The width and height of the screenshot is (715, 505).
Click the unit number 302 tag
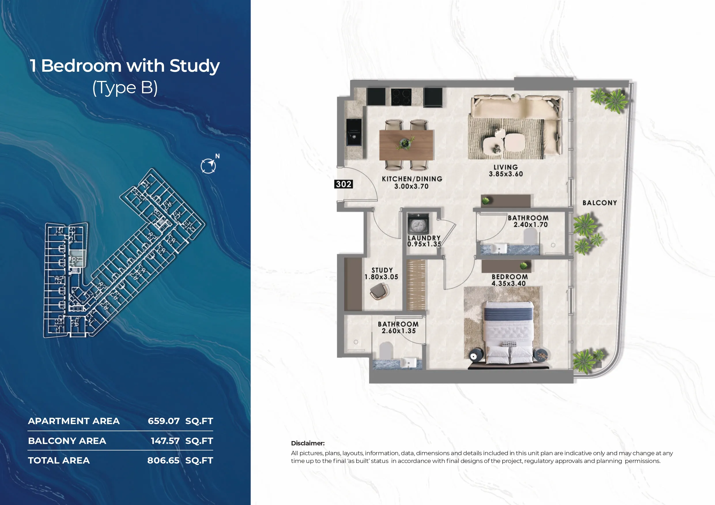pos(344,184)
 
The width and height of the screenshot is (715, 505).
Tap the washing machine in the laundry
pos(418,223)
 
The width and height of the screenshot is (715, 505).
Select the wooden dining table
pos(406,145)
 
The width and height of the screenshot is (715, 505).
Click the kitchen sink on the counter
pos(354,132)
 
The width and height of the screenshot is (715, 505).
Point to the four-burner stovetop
pos(401,97)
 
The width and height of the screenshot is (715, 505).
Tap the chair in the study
pos(380,292)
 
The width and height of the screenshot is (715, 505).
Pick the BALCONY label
pos(599,203)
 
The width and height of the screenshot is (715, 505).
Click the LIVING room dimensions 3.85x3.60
pos(506,174)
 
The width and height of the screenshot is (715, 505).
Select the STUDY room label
pos(382,270)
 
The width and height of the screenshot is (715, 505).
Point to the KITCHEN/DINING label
pos(412,179)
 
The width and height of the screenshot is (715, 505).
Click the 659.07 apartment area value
pos(164,421)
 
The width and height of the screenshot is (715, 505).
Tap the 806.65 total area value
pos(163,460)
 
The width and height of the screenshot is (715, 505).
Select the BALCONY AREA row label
pos(67,441)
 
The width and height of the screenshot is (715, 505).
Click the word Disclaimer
pos(308,443)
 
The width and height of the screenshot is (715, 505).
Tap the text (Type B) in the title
pos(125,88)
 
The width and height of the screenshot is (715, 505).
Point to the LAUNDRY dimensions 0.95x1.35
pos(424,244)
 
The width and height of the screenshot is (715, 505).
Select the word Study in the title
pos(195,66)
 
